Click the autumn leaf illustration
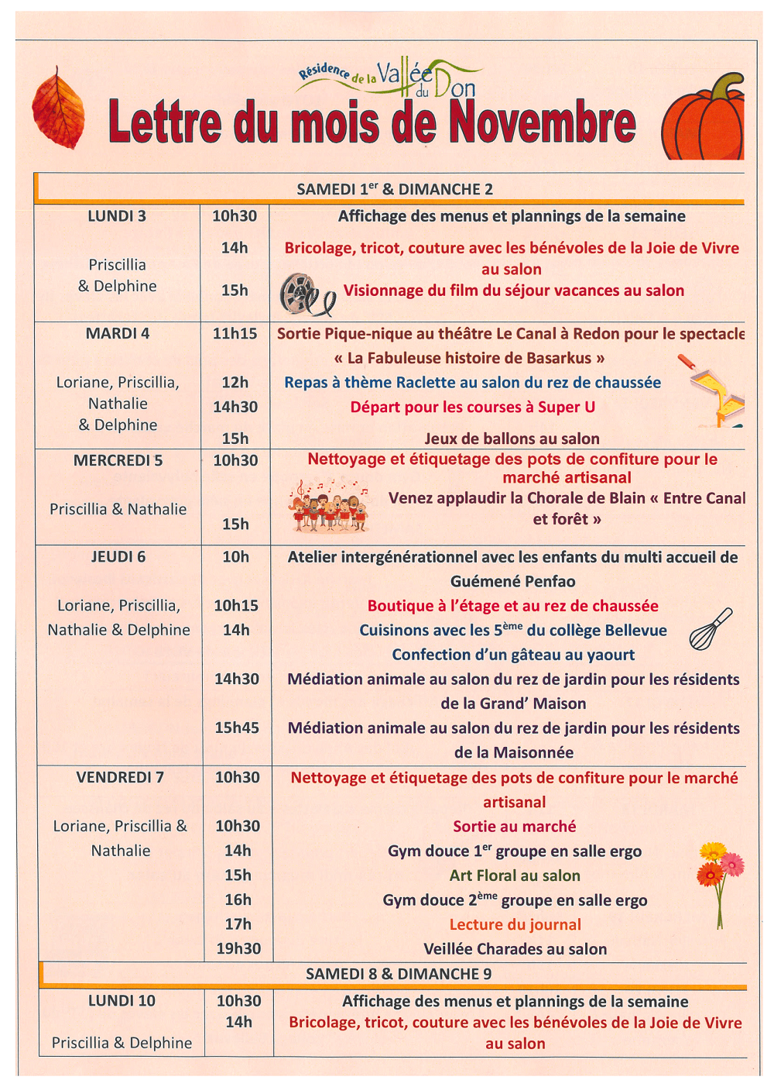(x=58, y=108)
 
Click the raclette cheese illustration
(x=714, y=392)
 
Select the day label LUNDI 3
(x=117, y=216)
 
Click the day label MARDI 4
(x=118, y=334)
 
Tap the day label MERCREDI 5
(x=118, y=460)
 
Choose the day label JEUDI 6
(x=118, y=556)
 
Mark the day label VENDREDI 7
(x=120, y=777)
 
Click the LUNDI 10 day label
(x=122, y=1000)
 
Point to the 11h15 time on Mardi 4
(x=235, y=334)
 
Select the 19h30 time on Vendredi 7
(x=238, y=948)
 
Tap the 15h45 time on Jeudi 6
(x=237, y=728)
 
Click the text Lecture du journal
(x=515, y=924)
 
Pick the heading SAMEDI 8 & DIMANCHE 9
(x=399, y=974)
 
